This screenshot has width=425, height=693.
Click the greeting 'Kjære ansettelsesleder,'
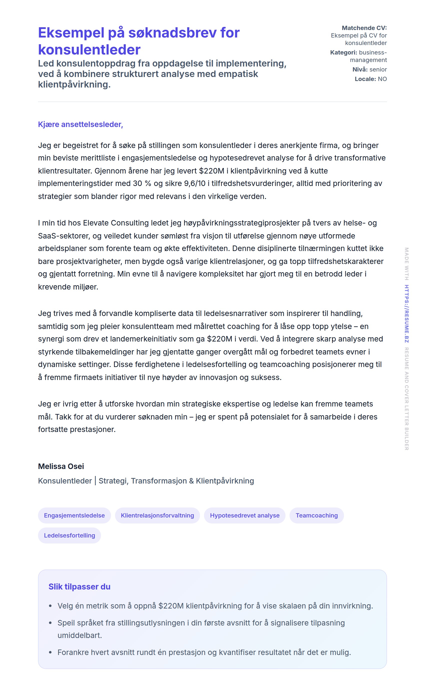[x=80, y=124]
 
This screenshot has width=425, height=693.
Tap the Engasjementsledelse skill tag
[x=74, y=515]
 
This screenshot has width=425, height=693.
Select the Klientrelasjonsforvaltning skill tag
[x=157, y=515]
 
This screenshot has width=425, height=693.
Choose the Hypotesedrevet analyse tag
[x=244, y=515]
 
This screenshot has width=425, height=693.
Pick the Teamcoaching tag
[x=316, y=515]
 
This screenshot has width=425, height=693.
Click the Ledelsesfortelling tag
[x=69, y=535]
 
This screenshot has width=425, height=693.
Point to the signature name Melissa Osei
[x=61, y=466]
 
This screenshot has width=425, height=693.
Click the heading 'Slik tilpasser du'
[x=79, y=586]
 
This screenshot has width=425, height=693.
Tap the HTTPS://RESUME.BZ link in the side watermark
[x=406, y=313]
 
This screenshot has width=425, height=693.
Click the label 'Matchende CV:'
[x=364, y=28]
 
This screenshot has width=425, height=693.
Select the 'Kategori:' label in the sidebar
[x=343, y=52]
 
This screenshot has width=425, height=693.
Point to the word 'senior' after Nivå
[x=378, y=69]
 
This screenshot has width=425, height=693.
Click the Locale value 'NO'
[x=382, y=79]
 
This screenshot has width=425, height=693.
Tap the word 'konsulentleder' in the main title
[x=89, y=50]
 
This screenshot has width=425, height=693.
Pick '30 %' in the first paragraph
[x=142, y=183]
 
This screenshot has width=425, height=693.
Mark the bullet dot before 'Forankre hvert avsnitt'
[x=50, y=652]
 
